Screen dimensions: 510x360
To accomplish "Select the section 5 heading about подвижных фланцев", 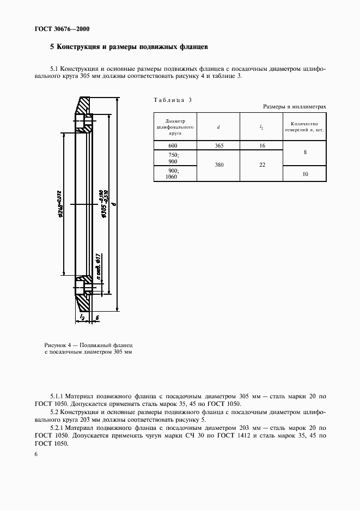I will click(129, 47).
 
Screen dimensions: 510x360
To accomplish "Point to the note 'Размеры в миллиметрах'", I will click(295, 107).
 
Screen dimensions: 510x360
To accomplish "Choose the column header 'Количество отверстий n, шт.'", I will click(304, 127).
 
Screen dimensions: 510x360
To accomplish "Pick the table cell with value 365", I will click(218, 145).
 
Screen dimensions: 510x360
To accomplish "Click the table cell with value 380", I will click(218, 165).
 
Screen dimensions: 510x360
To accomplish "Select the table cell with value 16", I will click(262, 145).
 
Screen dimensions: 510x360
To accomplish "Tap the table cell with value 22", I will click(262, 165).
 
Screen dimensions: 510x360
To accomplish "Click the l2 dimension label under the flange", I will click(82, 317).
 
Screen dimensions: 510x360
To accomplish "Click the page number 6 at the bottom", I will click(36, 454).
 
